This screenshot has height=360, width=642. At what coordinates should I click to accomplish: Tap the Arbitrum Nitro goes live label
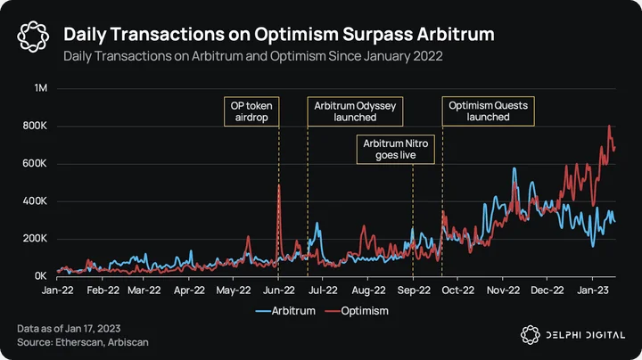pyautogui.click(x=396, y=150)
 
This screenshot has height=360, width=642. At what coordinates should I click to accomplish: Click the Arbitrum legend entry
pyautogui.click(x=285, y=311)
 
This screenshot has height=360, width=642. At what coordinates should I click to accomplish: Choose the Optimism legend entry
pyautogui.click(x=357, y=311)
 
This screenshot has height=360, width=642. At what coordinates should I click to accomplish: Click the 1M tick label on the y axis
pyautogui.click(x=41, y=88)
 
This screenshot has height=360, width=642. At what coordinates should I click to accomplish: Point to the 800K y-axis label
pyautogui.click(x=35, y=126)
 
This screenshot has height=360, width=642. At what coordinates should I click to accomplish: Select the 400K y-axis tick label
pyautogui.click(x=35, y=200)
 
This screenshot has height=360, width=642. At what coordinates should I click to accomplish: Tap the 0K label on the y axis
pyautogui.click(x=40, y=276)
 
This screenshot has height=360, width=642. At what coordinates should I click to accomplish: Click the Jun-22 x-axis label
pyautogui.click(x=279, y=290)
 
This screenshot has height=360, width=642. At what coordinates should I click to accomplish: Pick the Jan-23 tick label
pyautogui.click(x=592, y=290)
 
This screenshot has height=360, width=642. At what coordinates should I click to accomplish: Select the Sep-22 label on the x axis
pyautogui.click(x=414, y=290)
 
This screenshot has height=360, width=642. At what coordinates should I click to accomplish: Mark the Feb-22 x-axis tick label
pyautogui.click(x=103, y=290)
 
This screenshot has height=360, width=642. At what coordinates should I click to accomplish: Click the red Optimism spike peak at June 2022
pyautogui.click(x=279, y=185)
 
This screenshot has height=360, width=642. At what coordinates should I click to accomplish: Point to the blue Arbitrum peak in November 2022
pyautogui.click(x=514, y=168)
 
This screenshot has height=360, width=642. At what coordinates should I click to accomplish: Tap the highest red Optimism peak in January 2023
pyautogui.click(x=609, y=126)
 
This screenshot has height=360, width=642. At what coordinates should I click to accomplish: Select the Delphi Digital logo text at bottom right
pyautogui.click(x=586, y=335)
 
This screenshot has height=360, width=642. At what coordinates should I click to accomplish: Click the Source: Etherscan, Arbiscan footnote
pyautogui.click(x=83, y=342)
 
